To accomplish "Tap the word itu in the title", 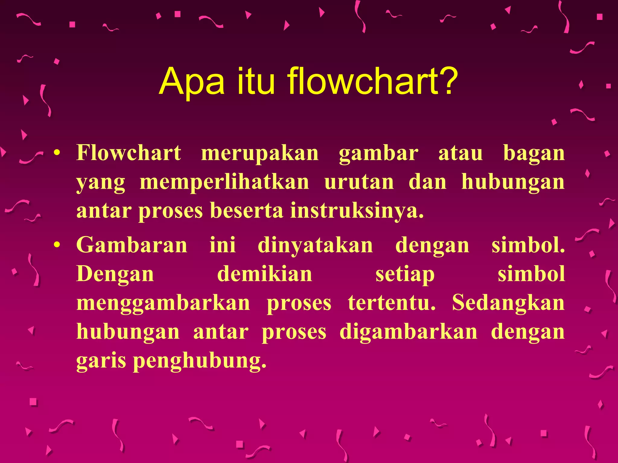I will [256, 81].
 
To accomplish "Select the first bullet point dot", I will [56, 153].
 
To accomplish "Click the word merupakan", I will [260, 153].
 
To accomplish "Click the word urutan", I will [359, 182].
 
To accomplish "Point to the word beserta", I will [247, 211].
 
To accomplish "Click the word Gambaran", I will [132, 245].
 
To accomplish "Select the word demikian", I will [265, 274].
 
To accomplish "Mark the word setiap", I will [405, 275].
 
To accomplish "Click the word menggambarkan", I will [163, 304].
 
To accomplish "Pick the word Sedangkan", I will [508, 303].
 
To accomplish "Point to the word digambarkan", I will [409, 332].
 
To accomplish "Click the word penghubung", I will [200, 361].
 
